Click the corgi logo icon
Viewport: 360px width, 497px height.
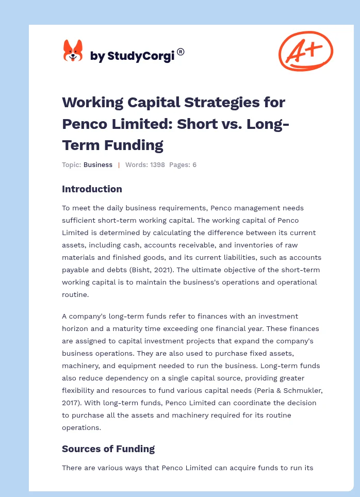coord(73,52)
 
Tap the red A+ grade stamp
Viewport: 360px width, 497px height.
coord(306,51)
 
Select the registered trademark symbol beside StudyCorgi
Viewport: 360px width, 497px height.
coord(181,52)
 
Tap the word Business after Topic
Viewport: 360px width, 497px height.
coord(98,165)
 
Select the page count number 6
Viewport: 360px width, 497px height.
coord(194,165)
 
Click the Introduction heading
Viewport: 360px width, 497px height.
coord(92,189)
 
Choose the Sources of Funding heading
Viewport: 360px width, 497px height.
coord(108,449)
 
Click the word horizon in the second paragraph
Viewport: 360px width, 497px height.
coord(76,328)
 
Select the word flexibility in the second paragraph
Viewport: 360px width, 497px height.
coord(81,390)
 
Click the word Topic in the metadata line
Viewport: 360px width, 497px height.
coord(71,165)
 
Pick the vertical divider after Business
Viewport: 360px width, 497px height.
coord(119,165)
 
